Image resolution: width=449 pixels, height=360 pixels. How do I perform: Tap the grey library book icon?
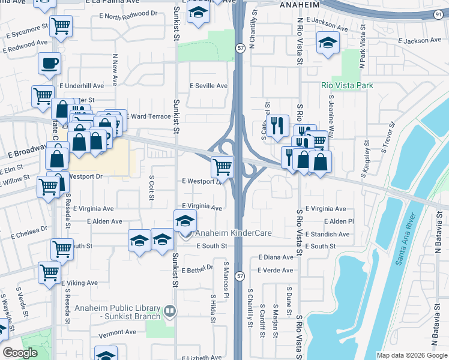pos(170,311)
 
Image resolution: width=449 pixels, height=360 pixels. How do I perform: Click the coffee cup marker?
pos(49,62)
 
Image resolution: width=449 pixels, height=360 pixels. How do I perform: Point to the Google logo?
pos(20,353)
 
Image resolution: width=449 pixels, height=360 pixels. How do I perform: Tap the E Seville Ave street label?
pos(209,86)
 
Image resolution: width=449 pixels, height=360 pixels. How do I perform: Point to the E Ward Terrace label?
pos(149,116)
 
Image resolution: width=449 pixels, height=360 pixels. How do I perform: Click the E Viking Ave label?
pos(79,283)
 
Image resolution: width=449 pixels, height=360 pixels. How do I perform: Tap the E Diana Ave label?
pos(276,257)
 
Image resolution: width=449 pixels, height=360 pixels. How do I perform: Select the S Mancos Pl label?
pos(226,280)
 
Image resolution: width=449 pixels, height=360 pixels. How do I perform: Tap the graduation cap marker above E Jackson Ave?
pos(328,42)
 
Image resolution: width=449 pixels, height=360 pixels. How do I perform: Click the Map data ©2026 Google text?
pos(412,355)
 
